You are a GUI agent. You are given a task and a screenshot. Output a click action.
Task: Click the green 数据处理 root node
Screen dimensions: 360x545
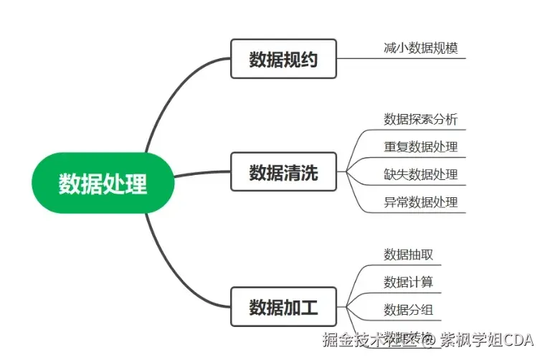pyautogui.click(x=103, y=184)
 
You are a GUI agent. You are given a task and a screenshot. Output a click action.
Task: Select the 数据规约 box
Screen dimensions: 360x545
pyautogui.click(x=283, y=59)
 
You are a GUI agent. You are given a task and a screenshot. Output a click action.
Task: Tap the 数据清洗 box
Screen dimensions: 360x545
pyautogui.click(x=283, y=172)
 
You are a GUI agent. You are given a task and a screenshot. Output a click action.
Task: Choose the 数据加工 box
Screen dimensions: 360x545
pyautogui.click(x=283, y=308)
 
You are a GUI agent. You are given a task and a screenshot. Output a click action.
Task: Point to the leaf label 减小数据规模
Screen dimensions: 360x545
pyautogui.click(x=420, y=49)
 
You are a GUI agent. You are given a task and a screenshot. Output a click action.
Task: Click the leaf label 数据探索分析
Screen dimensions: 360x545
pyautogui.click(x=420, y=119)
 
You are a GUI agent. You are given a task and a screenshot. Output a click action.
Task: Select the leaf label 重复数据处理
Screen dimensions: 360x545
pyautogui.click(x=420, y=147)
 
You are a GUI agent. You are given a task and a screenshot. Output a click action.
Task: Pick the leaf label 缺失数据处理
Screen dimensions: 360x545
pyautogui.click(x=420, y=174)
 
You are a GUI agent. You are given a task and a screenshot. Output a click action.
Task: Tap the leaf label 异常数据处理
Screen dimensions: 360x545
pyautogui.click(x=420, y=202)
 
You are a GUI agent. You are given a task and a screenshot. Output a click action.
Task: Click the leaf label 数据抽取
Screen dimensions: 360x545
pyautogui.click(x=408, y=255)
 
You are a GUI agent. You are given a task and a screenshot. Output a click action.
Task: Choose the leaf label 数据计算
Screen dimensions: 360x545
pyautogui.click(x=408, y=282)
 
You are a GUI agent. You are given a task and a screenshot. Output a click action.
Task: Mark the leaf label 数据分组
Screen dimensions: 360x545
pyautogui.click(x=408, y=310)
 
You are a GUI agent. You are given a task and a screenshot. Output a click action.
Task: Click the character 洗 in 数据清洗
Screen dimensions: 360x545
pyautogui.click(x=308, y=172)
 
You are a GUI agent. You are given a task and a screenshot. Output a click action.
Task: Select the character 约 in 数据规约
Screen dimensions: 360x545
pyautogui.click(x=308, y=59)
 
